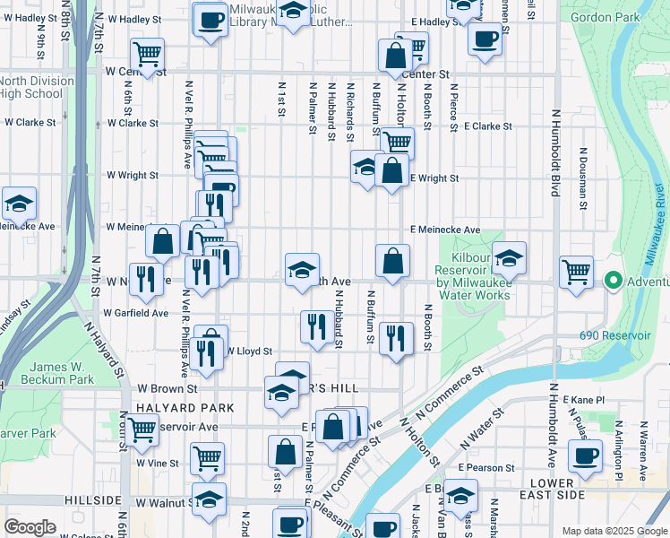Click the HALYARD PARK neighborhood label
[x=173, y=408]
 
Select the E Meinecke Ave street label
[x=445, y=230]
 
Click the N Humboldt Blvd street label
[x=555, y=153]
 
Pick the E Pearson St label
[x=485, y=468]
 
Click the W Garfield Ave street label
[x=135, y=314]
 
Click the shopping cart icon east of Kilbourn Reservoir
[x=576, y=270]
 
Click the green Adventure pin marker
[x=614, y=281]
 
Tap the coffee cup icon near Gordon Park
[x=485, y=39]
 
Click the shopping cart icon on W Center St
[x=147, y=53]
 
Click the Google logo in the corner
[x=30, y=527]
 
